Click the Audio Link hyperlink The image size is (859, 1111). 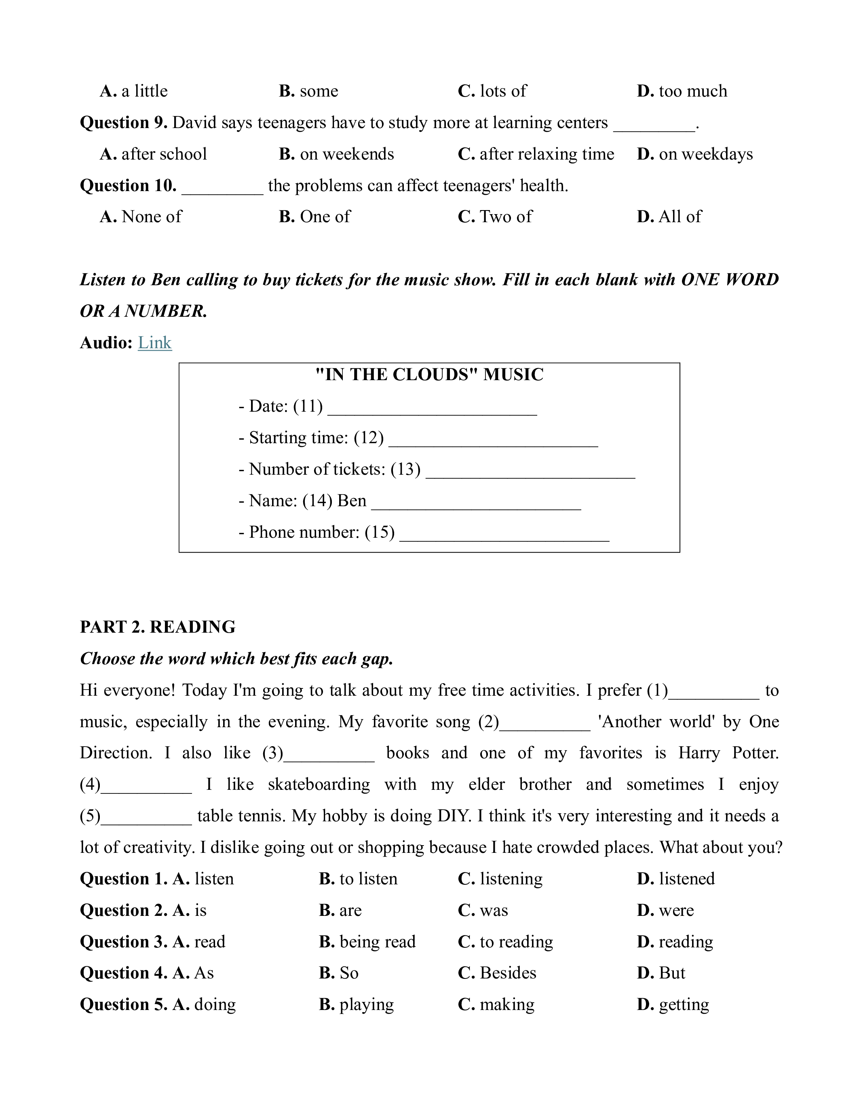pyautogui.click(x=155, y=343)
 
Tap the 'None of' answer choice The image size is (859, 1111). pyautogui.click(x=151, y=217)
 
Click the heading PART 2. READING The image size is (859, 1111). pyautogui.click(x=158, y=627)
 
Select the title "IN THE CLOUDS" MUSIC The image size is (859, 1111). pyautogui.click(x=429, y=375)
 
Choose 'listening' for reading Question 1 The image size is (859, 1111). pyautogui.click(x=511, y=879)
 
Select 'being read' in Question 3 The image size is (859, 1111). pyautogui.click(x=377, y=942)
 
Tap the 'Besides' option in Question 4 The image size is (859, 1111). pyautogui.click(x=507, y=973)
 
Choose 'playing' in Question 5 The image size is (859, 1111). pyautogui.click(x=366, y=1005)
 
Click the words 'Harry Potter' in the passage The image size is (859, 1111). pyautogui.click(x=728, y=753)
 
